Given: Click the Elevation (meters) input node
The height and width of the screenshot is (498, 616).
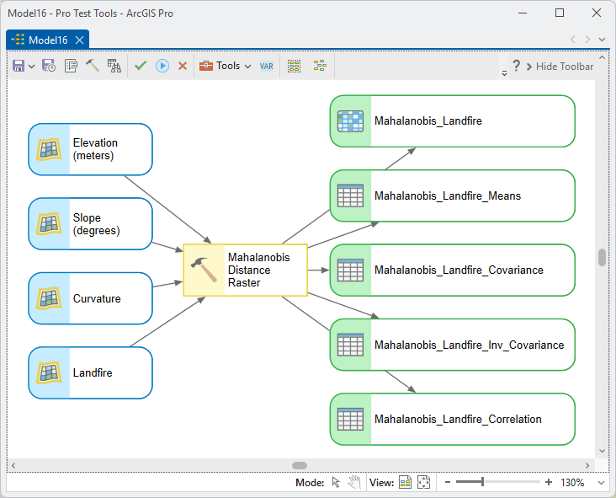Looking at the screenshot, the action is pyautogui.click(x=90, y=149).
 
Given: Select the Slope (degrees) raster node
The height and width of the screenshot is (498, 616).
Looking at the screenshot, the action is pyautogui.click(x=90, y=224).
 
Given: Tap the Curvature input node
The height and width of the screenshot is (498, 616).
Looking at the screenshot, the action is pyautogui.click(x=90, y=298).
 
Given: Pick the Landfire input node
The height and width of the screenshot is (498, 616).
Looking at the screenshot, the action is pyautogui.click(x=90, y=372).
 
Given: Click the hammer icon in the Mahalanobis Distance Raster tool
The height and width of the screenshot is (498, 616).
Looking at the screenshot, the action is pyautogui.click(x=204, y=270).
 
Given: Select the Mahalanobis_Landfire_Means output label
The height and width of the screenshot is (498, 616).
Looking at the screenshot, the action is pyautogui.click(x=448, y=195).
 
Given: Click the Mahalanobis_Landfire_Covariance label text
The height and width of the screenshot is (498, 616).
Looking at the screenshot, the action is pyautogui.click(x=459, y=270).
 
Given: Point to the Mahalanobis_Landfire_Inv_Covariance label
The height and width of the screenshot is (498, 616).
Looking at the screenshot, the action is pyautogui.click(x=469, y=345).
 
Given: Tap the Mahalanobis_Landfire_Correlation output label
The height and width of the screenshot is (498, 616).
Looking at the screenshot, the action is pyautogui.click(x=458, y=420).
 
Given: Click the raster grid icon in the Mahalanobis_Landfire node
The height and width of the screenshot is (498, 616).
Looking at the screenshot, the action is pyautogui.click(x=350, y=121).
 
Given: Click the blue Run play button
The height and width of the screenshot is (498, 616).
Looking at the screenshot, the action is pyautogui.click(x=162, y=66).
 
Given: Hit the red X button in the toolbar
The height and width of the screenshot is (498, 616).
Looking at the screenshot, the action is pyautogui.click(x=183, y=66).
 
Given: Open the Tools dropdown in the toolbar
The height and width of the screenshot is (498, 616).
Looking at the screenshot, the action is pyautogui.click(x=225, y=66).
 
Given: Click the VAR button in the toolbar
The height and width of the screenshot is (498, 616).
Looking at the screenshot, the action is pyautogui.click(x=267, y=66).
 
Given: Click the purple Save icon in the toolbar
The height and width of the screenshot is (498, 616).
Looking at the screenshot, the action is pyautogui.click(x=19, y=66).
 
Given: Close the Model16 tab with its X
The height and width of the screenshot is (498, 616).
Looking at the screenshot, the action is pyautogui.click(x=79, y=40).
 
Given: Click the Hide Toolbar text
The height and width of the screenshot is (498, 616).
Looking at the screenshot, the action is pyautogui.click(x=565, y=67).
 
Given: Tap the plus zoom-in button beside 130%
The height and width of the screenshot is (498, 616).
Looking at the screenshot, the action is pyautogui.click(x=549, y=482).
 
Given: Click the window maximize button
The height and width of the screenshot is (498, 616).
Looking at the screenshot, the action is pyautogui.click(x=560, y=13).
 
